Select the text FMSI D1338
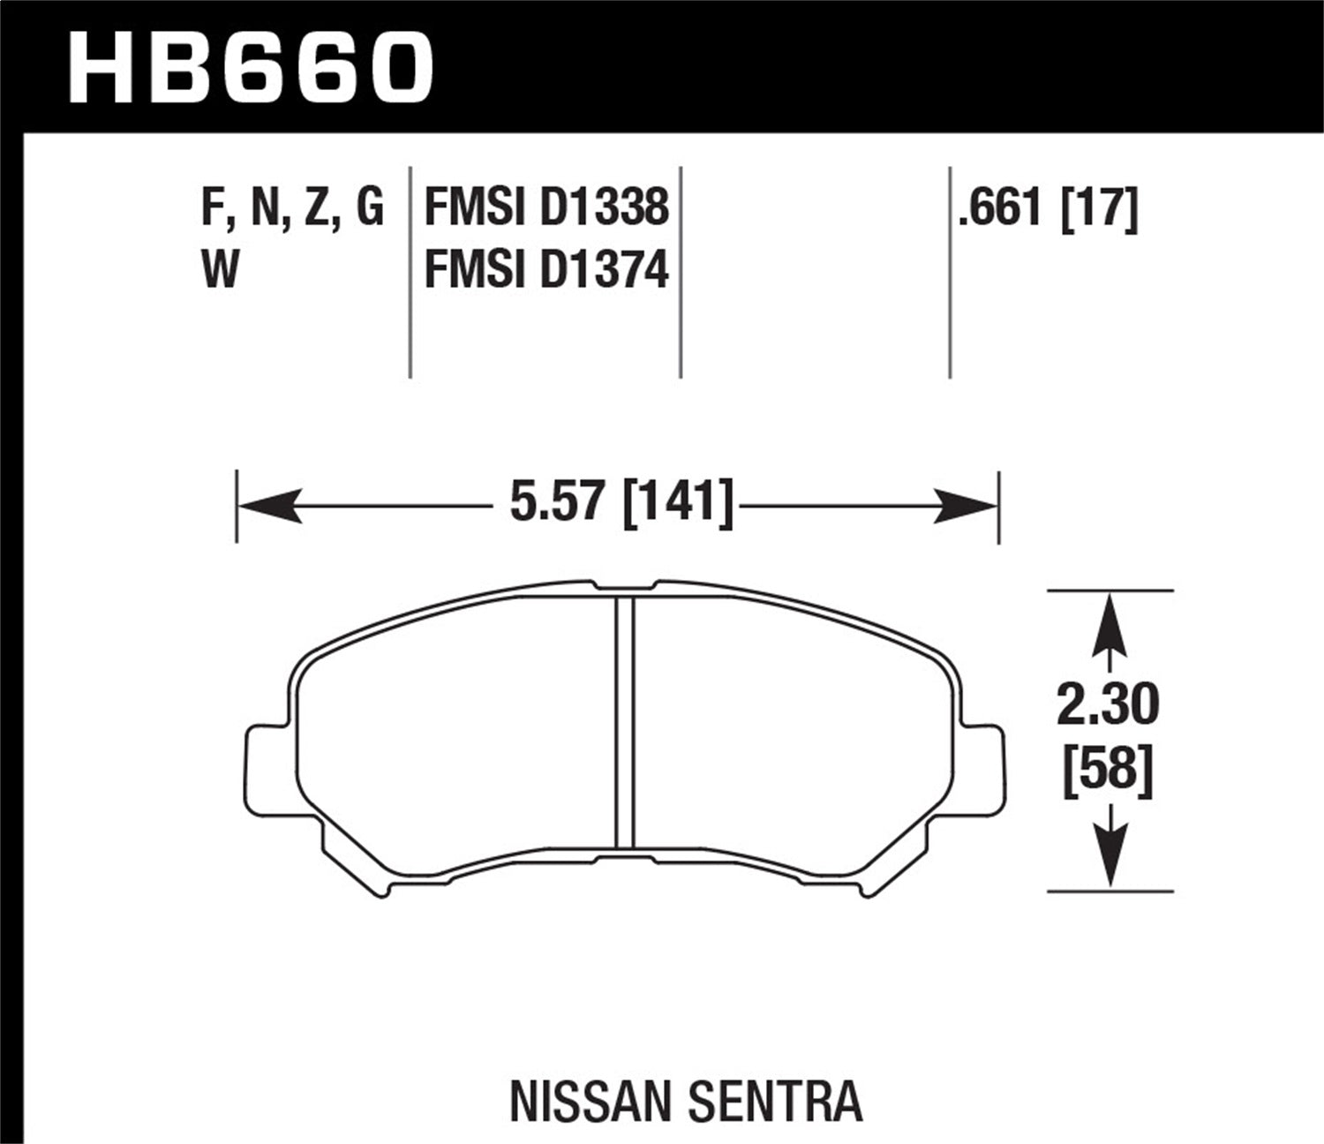click(x=546, y=208)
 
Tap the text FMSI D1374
click(x=546, y=270)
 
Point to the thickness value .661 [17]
click(x=1048, y=209)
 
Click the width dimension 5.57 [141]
click(x=621, y=505)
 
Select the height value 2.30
click(x=1108, y=705)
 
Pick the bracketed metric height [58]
click(x=1108, y=770)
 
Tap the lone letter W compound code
click(x=221, y=270)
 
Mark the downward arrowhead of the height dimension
click(x=1110, y=856)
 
